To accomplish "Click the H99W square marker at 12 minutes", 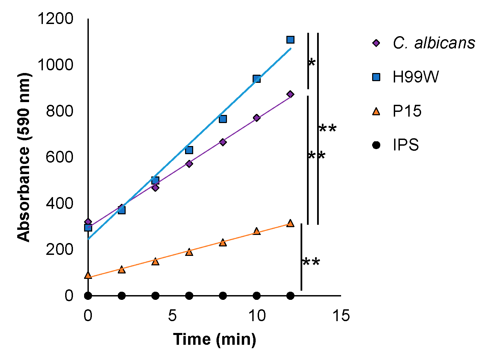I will tap(290, 40).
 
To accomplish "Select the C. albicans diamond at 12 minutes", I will tap(290, 94).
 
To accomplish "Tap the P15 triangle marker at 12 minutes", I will tap(290, 223).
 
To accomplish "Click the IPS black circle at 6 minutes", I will tap(189, 296).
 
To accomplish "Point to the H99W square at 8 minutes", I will tap(223, 119).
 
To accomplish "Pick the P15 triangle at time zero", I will tap(88, 275).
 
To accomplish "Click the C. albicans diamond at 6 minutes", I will tap(189, 164).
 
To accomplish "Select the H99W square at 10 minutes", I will tap(257, 79).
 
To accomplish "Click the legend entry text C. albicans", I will tap(434, 43).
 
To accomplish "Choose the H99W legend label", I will tap(416, 77).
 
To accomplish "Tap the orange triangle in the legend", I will tap(376, 111).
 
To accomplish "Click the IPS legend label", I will tap(406, 145).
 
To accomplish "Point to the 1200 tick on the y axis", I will tap(55, 19).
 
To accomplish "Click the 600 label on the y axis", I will tap(59, 157).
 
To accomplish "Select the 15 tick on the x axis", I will tap(341, 316).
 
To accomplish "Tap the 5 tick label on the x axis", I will tap(172, 316).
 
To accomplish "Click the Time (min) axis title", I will tap(214, 339).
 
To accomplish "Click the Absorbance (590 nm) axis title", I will tap(24, 157).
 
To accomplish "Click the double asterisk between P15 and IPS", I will tap(311, 263).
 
